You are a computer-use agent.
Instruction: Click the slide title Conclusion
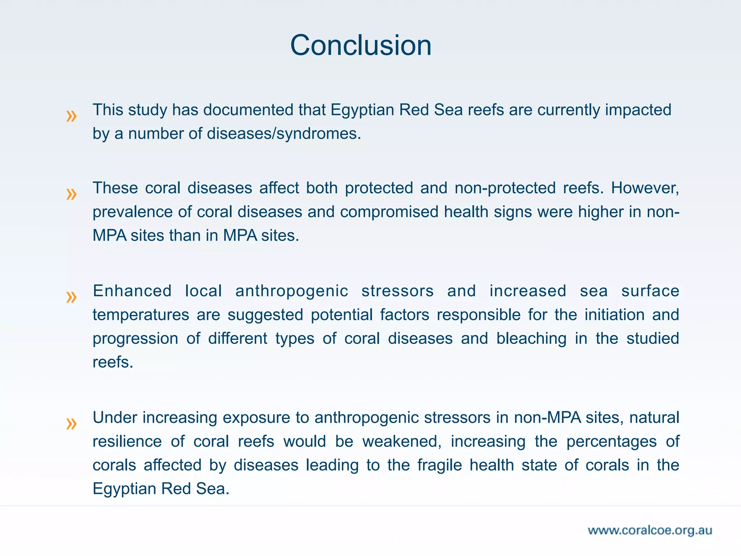(x=361, y=45)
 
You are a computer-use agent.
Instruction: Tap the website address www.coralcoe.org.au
(x=650, y=530)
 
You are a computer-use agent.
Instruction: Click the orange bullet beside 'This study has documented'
(x=71, y=116)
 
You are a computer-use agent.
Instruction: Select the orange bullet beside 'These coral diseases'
(x=71, y=194)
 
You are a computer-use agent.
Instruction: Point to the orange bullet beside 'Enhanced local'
(x=71, y=297)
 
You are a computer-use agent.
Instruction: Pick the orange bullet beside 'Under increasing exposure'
(x=71, y=424)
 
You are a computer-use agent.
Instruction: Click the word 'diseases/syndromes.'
(x=284, y=134)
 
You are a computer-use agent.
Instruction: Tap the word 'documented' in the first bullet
(x=248, y=110)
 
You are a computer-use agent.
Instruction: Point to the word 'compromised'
(x=389, y=212)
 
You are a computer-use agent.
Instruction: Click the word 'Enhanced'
(x=132, y=291)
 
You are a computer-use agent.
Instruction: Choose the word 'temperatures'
(x=141, y=315)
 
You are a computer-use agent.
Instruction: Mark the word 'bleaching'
(x=531, y=339)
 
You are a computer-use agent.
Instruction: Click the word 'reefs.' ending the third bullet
(x=113, y=362)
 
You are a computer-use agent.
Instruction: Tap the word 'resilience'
(x=127, y=442)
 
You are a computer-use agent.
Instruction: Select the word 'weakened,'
(x=402, y=442)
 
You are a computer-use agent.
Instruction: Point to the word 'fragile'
(x=440, y=465)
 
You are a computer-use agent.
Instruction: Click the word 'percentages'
(x=611, y=442)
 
